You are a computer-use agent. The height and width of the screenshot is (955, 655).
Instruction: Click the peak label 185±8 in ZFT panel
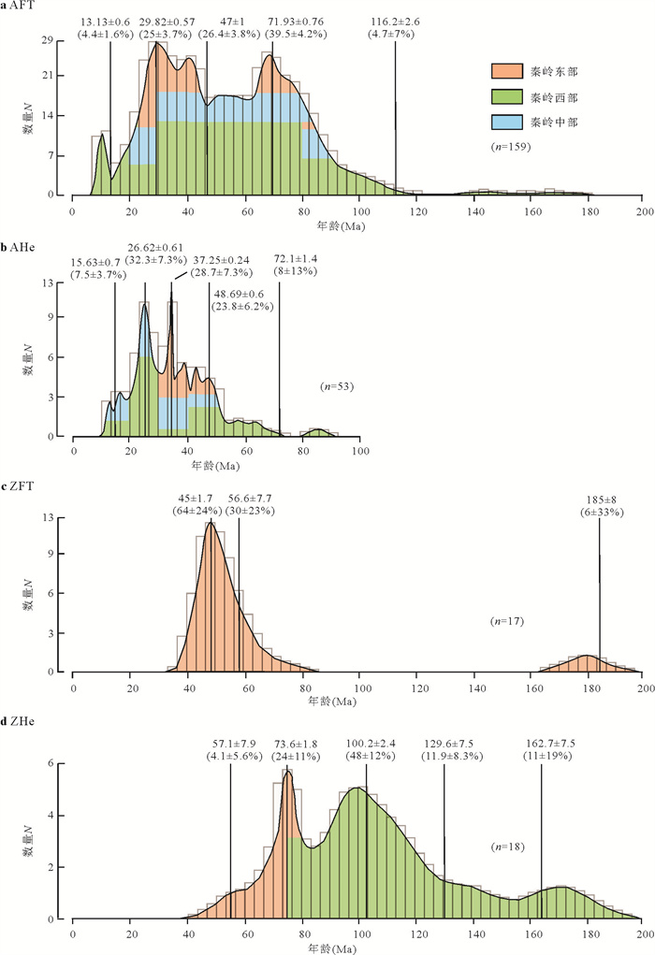coord(599,498)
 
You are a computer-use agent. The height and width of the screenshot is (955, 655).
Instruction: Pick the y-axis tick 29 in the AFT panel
coord(57,40)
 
